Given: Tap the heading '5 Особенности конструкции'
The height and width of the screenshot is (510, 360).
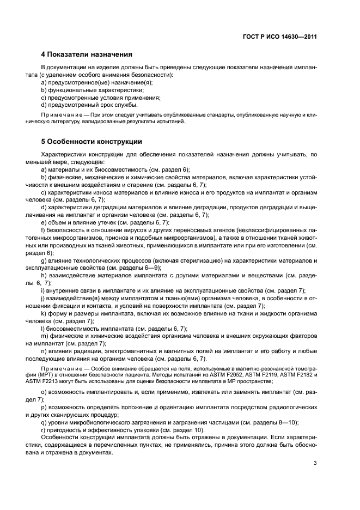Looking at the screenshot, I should point(91,141).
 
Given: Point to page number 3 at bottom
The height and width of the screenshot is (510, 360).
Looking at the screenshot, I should point(315,463).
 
